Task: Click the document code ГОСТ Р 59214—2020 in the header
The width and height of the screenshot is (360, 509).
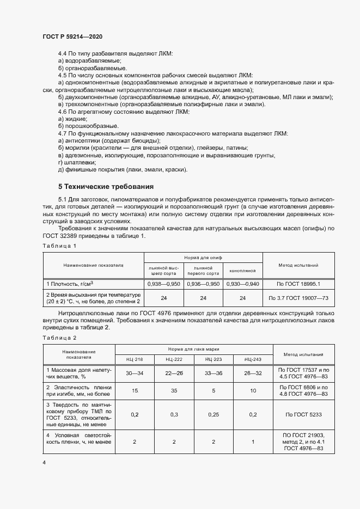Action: click(x=72, y=36)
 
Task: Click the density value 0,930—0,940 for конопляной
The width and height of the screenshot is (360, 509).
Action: click(x=242, y=284)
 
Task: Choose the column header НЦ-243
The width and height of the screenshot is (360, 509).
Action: click(x=253, y=359)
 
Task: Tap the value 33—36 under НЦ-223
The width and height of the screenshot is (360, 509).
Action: click(x=213, y=373)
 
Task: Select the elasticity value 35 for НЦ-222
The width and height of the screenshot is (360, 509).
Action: click(x=174, y=390)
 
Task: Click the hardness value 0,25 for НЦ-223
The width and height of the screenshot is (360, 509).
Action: click(x=213, y=415)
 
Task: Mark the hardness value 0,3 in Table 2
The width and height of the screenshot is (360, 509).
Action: click(x=174, y=415)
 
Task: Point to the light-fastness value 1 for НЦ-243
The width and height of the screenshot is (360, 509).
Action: click(x=253, y=442)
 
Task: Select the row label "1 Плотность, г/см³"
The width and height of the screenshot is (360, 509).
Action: click(x=70, y=284)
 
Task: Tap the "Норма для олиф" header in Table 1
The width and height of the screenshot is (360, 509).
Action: click(x=203, y=242)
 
